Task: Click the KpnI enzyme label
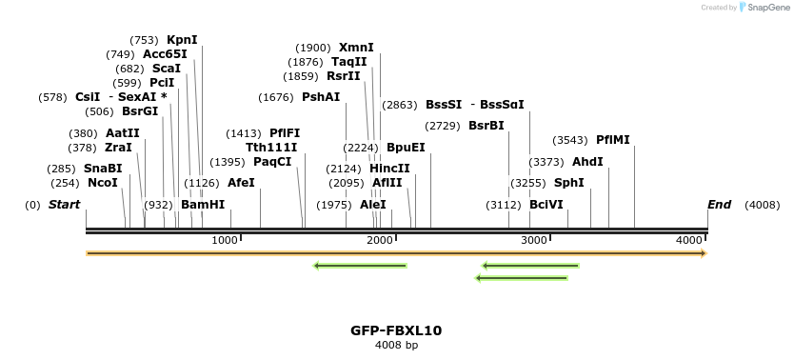(182, 40)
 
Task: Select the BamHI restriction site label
(203, 205)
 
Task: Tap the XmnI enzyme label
(356, 48)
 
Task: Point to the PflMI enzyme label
(612, 140)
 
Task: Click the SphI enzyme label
(568, 183)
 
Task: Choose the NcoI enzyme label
(103, 183)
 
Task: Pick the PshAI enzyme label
(321, 97)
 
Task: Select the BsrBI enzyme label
(486, 126)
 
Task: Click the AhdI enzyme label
(587, 162)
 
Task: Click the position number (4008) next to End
(762, 205)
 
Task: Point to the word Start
(65, 205)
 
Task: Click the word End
(720, 205)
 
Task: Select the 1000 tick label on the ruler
(225, 241)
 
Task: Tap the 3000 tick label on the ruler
(534, 241)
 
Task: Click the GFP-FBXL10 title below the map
(396, 330)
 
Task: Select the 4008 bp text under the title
(396, 345)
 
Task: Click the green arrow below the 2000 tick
(360, 265)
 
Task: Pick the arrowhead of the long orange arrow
(704, 253)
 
